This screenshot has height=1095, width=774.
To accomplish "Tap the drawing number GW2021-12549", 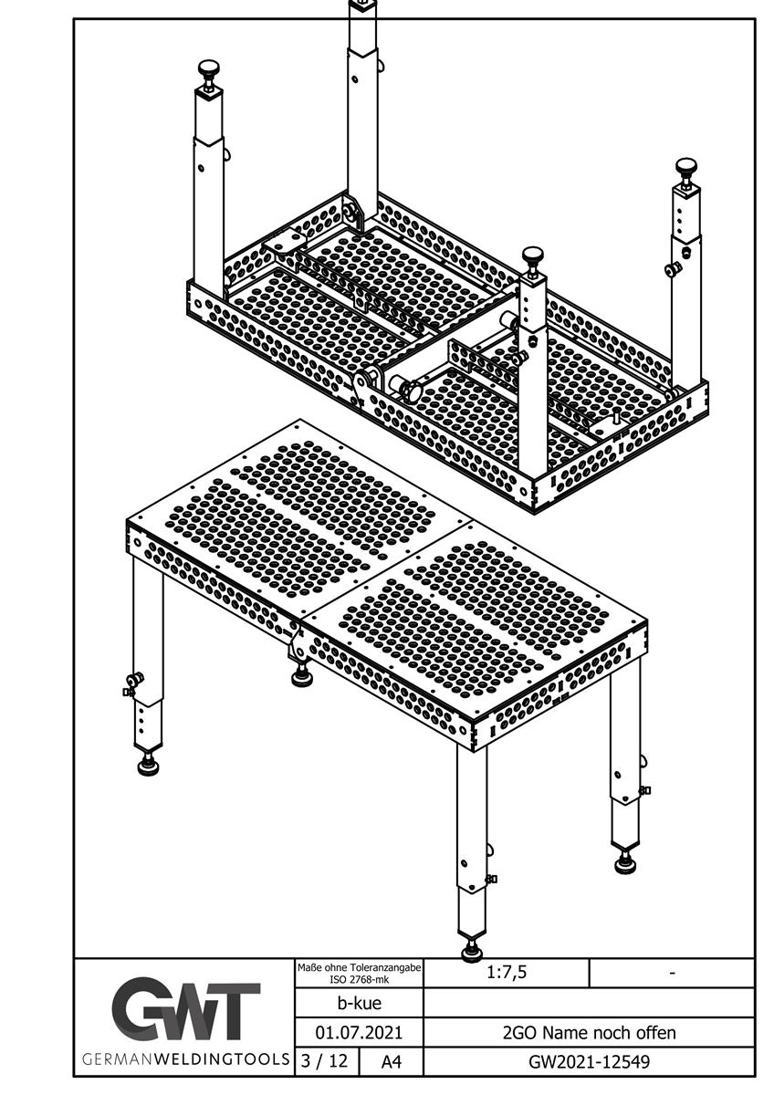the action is [590, 1061].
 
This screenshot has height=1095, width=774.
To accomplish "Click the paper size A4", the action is [391, 1061].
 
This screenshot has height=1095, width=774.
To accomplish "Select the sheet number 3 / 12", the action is [325, 1060].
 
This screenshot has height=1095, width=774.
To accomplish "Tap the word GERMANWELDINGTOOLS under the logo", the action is [186, 1059].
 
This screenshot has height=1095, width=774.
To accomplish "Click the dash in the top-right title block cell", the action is [673, 974].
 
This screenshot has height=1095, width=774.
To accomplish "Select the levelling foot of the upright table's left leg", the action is [149, 765].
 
